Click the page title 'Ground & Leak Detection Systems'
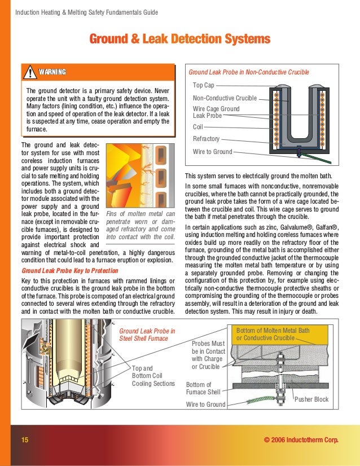tap(180, 39)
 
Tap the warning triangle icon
tap(29, 72)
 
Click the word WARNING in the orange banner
tap(52, 72)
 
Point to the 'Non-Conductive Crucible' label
tap(225, 98)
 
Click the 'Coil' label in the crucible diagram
tap(198, 127)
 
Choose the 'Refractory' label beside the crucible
tap(206, 139)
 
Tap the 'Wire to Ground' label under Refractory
tap(212, 152)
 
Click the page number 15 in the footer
tap(25, 440)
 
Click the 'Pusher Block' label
tap(311, 399)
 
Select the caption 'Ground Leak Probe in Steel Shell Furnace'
tap(147, 335)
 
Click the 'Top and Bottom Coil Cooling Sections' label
tap(153, 376)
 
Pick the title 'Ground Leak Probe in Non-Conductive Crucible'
tap(249, 72)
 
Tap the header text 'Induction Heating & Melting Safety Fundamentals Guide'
tap(86, 12)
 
